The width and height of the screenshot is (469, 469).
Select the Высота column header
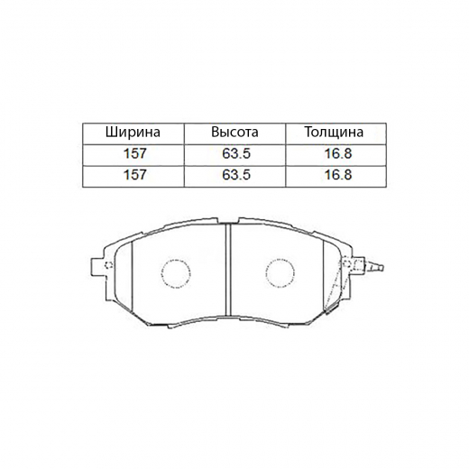tap(234, 133)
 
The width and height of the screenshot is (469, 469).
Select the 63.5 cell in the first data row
tap(234, 153)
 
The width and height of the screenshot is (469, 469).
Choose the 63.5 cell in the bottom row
tap(234, 174)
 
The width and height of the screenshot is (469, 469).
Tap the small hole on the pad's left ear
tap(107, 266)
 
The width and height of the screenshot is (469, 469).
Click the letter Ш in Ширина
tap(111, 133)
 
